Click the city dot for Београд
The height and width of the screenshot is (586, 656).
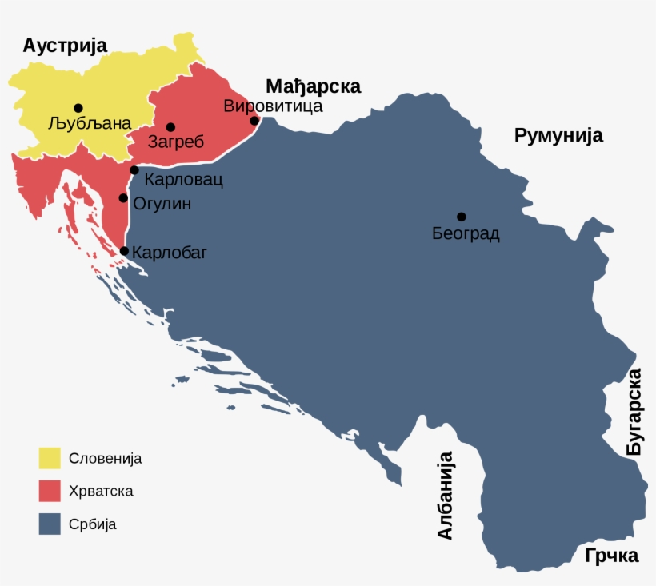(462, 217)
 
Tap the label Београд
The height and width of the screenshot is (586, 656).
(466, 234)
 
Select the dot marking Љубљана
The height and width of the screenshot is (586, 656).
(78, 108)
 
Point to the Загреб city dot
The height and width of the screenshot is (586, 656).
(170, 127)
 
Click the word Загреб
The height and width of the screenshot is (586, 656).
(178, 142)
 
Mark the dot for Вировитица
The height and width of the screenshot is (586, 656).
(254, 121)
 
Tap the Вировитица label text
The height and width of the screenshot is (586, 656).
(273, 106)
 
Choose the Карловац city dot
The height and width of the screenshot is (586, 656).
(134, 169)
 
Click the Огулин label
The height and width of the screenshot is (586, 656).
(162, 204)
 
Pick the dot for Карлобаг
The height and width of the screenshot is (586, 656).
(124, 251)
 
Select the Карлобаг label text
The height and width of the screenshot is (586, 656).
(169, 253)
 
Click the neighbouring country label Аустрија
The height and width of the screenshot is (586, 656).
(64, 46)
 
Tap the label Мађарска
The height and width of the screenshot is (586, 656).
(313, 86)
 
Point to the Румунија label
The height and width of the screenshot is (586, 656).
(558, 135)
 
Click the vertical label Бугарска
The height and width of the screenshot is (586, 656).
(634, 413)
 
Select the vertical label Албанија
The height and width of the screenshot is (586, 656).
(445, 496)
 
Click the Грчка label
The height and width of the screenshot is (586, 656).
(611, 556)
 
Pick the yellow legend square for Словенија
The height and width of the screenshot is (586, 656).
(50, 458)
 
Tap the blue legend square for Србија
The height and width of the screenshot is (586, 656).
(50, 524)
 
